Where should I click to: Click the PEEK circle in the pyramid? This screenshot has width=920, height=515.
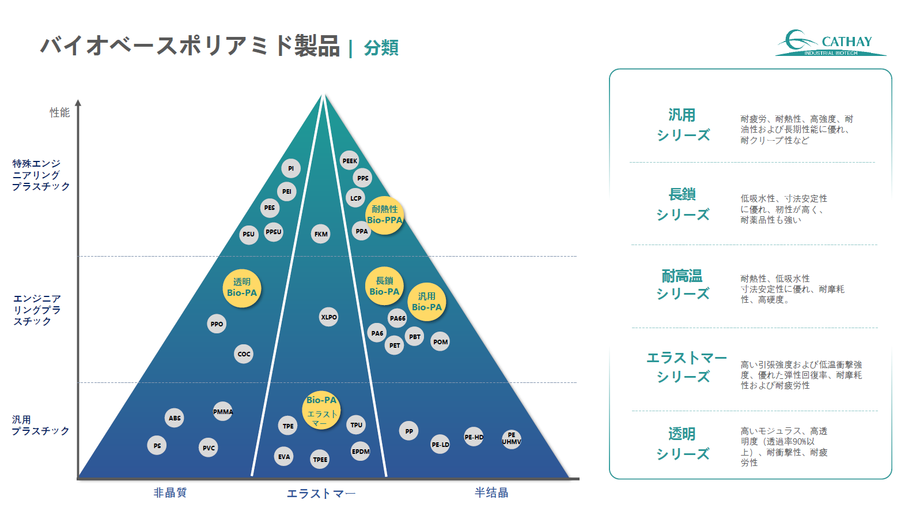[350, 161]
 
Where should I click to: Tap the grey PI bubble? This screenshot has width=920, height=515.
[291, 168]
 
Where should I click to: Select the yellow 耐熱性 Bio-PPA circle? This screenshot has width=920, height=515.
[384, 215]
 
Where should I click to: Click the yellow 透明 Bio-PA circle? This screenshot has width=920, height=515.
[242, 288]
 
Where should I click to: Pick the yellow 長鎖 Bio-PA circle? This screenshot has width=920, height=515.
[384, 286]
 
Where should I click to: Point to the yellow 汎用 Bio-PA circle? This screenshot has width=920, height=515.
[427, 302]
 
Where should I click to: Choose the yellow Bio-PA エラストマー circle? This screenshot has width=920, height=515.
[321, 410]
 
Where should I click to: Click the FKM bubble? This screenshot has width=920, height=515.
[321, 234]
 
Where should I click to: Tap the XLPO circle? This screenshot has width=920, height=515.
[328, 317]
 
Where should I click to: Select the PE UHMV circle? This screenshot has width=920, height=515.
[512, 438]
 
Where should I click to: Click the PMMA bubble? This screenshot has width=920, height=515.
[222, 411]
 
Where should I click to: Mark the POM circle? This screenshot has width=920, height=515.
[440, 341]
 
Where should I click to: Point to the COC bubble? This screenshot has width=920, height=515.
[244, 354]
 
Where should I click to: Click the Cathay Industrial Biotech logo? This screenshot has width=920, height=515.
[831, 43]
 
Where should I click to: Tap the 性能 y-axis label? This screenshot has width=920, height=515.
[59, 112]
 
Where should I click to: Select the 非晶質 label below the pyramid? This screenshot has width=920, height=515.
[170, 493]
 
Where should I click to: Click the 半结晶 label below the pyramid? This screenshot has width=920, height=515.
[491, 493]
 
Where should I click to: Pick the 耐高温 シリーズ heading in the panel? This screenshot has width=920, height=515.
[682, 284]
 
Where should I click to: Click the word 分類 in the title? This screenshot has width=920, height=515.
[381, 48]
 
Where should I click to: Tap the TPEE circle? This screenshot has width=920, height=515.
[320, 460]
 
